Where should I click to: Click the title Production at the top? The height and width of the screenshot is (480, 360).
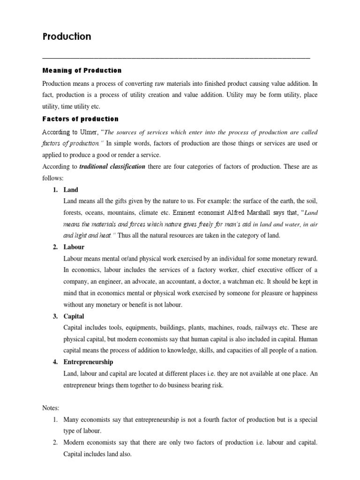click(67, 37)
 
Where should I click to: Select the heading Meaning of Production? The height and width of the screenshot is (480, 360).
click(82, 70)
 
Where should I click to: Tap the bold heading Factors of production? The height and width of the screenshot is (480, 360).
click(80, 119)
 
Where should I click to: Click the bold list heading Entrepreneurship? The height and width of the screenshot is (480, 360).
click(88, 362)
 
